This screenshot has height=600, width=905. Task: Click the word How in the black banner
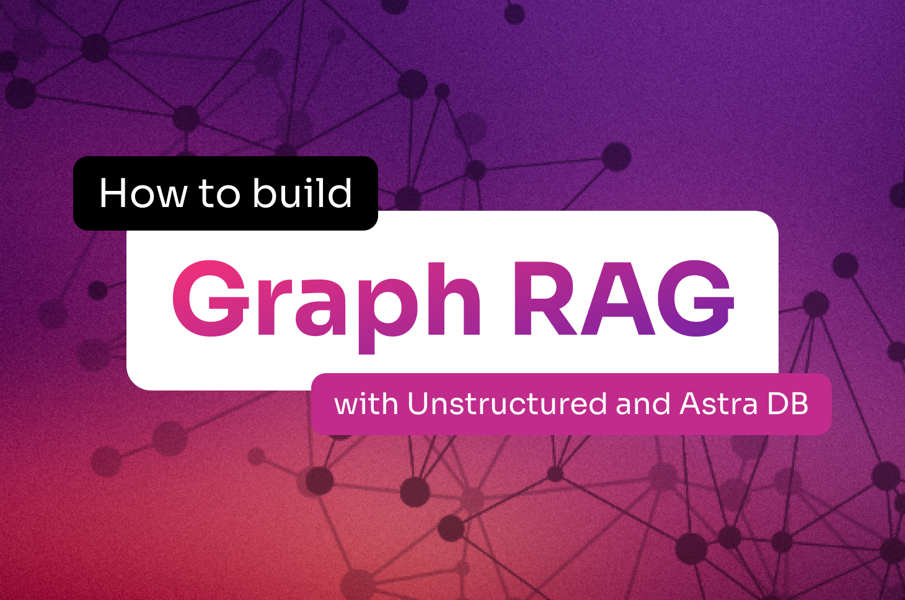pos(143,193)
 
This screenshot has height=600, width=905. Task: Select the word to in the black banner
pos(219,194)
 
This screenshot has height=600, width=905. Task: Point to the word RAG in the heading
pos(622,299)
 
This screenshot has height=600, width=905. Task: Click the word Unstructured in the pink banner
pos(507,404)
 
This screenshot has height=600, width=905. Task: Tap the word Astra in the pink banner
pos(718,404)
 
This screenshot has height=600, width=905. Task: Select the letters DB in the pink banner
pos(788,404)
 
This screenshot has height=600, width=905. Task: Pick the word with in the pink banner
pos(366,404)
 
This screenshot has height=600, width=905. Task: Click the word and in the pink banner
pos(643,404)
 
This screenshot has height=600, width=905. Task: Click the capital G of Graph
pos(210,299)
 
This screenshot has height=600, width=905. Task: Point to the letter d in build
pos(340,193)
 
